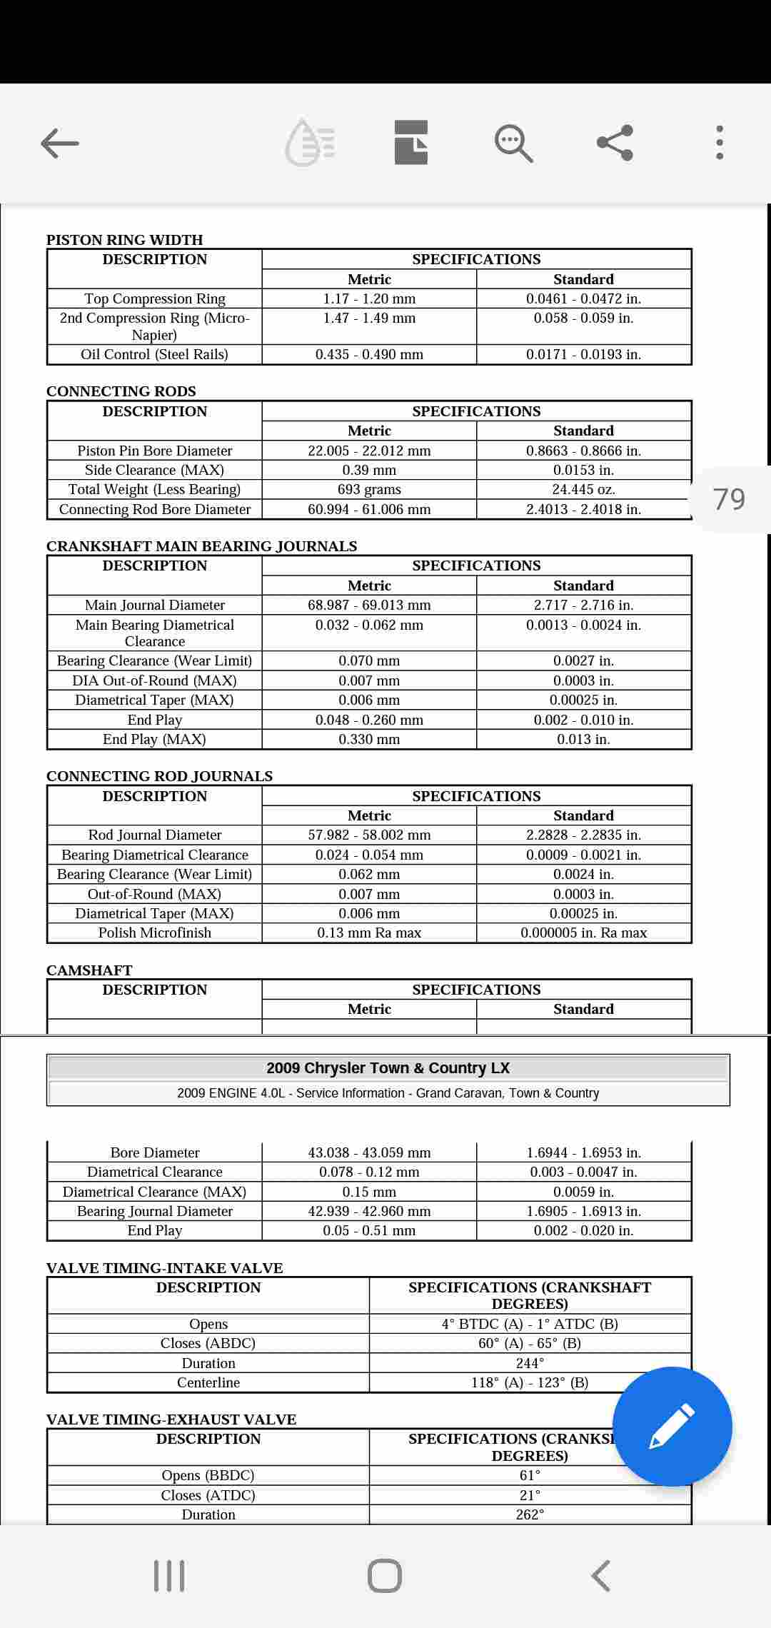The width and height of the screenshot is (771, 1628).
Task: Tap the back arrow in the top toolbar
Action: tap(60, 144)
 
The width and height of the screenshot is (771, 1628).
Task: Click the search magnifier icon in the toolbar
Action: tap(513, 144)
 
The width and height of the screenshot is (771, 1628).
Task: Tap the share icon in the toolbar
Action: tap(615, 143)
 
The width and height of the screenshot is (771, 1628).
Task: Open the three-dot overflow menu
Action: tap(719, 143)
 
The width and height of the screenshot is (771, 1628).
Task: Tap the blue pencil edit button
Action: tap(672, 1427)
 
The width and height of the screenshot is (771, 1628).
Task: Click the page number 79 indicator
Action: tap(729, 499)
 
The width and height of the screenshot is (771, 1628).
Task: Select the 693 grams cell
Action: tap(369, 490)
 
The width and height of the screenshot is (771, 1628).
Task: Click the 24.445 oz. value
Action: tap(583, 490)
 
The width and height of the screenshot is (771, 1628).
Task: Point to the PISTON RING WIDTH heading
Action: tap(125, 240)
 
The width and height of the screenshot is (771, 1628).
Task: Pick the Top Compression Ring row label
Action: tap(155, 298)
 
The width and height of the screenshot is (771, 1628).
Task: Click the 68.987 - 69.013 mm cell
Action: tap(369, 605)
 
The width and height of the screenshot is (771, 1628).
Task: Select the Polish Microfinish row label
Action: tap(155, 933)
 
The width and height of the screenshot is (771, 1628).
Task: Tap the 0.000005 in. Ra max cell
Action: tap(583, 933)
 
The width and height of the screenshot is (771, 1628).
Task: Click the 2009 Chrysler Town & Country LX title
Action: tap(388, 1068)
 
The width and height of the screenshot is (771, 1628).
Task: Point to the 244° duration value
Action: tap(530, 1363)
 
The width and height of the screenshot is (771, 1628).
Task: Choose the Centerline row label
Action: tap(208, 1382)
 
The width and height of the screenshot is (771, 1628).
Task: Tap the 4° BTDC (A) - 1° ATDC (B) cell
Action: tap(530, 1324)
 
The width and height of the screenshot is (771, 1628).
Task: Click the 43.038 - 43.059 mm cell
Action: tap(369, 1152)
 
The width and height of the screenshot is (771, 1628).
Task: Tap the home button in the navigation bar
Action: tap(385, 1575)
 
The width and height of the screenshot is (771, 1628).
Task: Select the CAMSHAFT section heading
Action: tap(89, 970)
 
